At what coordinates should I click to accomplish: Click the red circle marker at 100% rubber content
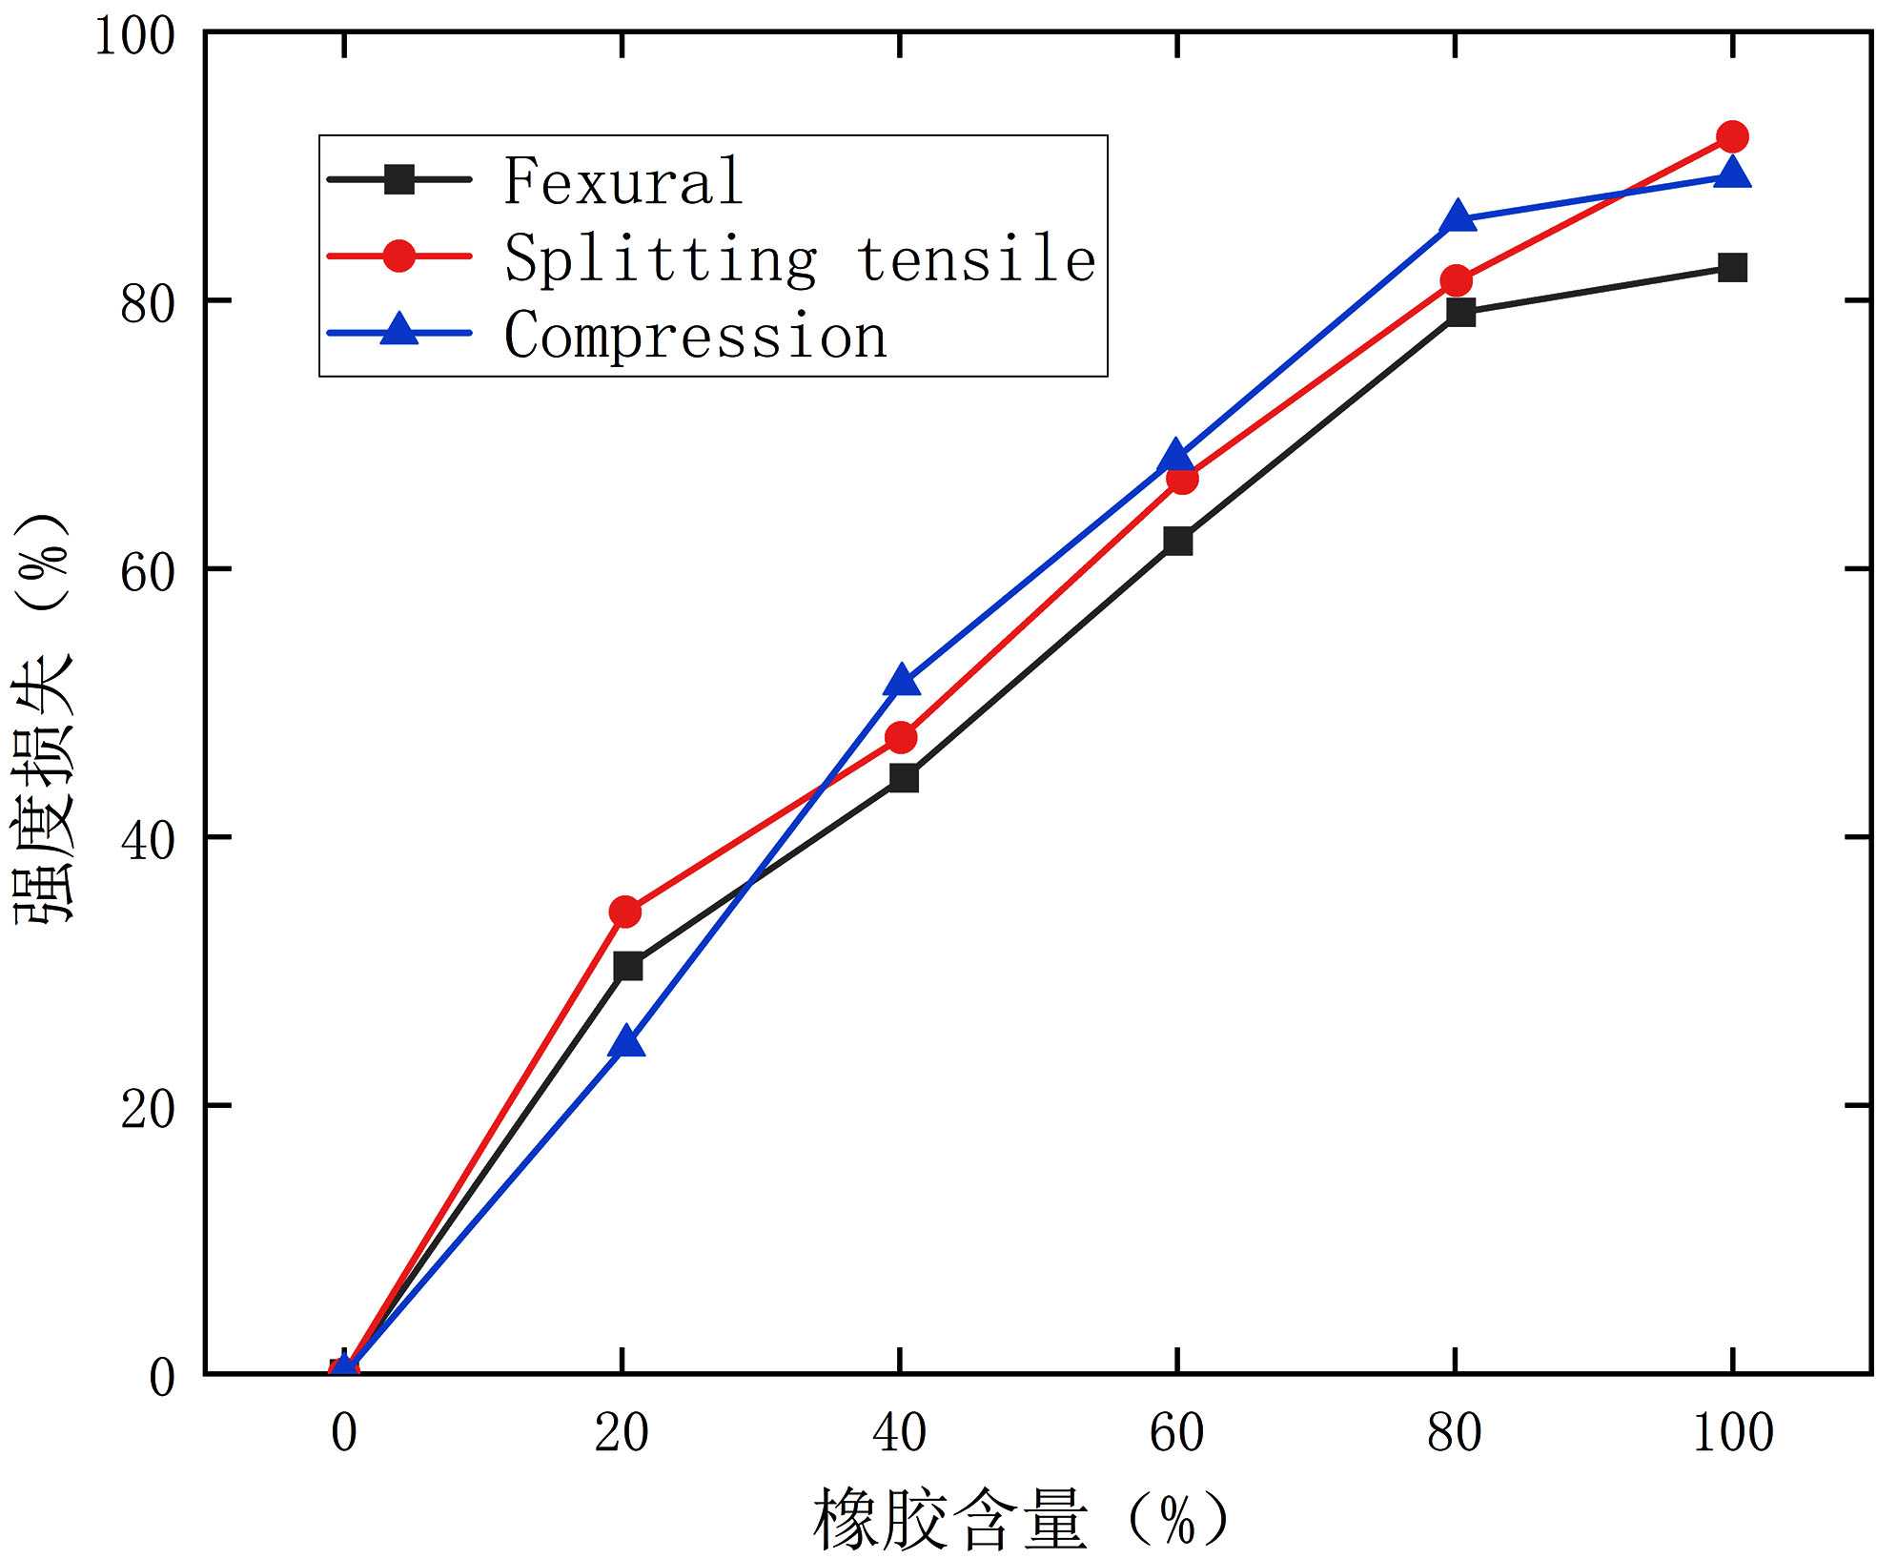tap(1731, 137)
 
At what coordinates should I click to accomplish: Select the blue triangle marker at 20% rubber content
tap(626, 1043)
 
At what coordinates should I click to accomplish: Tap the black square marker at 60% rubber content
tap(1178, 541)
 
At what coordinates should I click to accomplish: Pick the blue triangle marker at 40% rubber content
tap(902, 682)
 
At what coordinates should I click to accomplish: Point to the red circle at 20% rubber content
tap(625, 912)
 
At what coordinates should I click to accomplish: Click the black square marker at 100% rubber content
tap(1731, 268)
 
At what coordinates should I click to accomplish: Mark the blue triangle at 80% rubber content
tap(1458, 217)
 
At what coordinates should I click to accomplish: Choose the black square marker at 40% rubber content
tap(902, 778)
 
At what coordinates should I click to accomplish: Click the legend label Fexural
tap(623, 181)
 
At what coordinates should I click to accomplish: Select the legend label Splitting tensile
tap(800, 258)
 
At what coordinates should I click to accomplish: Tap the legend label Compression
tap(696, 336)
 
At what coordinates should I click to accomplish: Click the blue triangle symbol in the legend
tap(399, 332)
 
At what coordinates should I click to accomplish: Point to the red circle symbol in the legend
tap(399, 256)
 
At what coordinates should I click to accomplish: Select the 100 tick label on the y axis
tap(135, 36)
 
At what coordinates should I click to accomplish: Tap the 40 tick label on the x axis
tap(900, 1433)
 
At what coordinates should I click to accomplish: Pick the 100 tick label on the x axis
tap(1732, 1433)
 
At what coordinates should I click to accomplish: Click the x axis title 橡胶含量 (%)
tap(1020, 1518)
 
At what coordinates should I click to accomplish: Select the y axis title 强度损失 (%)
tap(44, 719)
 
